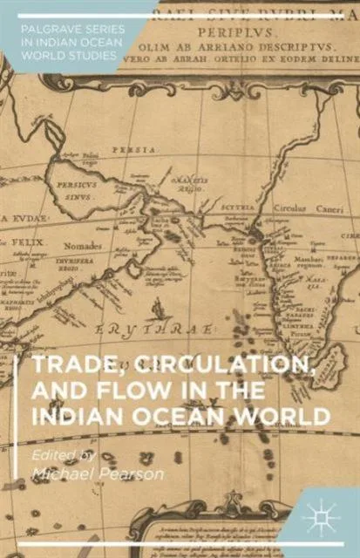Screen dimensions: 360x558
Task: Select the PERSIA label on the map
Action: pyautogui.click(x=132, y=149)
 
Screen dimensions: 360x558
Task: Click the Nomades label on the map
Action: pyautogui.click(x=84, y=247)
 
